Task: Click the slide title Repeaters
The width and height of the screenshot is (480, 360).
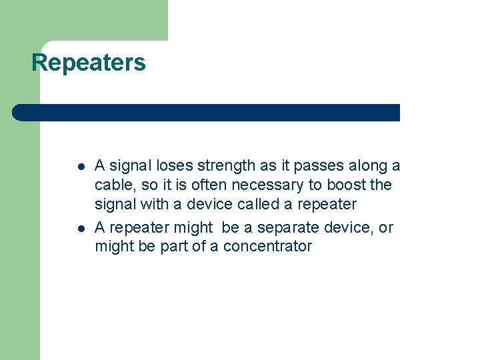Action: (89, 63)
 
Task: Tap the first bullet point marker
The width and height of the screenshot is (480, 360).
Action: (80, 167)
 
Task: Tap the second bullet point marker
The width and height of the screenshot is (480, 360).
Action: (80, 229)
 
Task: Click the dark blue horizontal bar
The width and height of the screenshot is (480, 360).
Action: (207, 113)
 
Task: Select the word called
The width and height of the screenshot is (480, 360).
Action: (257, 203)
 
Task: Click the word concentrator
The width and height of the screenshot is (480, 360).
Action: (267, 246)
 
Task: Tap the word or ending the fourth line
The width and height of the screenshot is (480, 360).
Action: (386, 228)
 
